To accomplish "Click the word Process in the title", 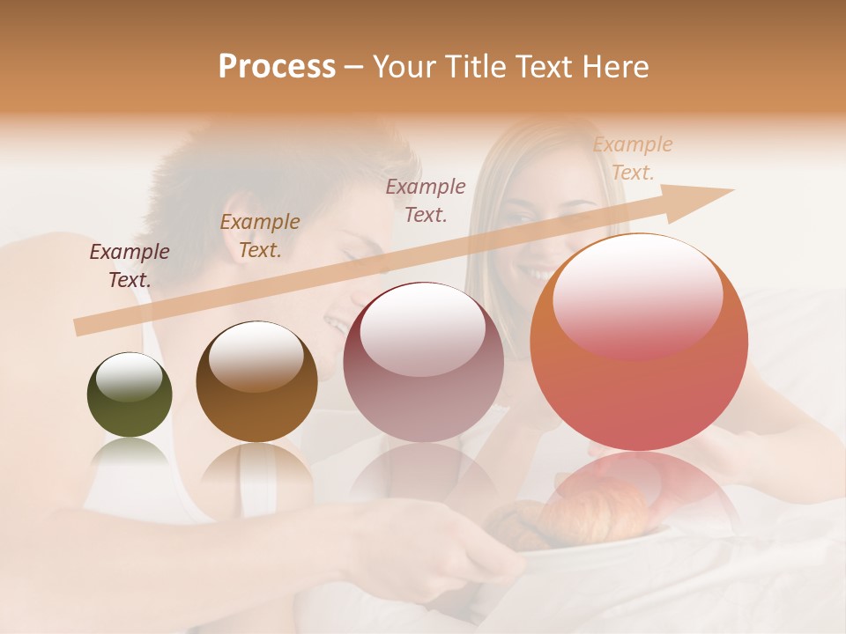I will (x=277, y=67).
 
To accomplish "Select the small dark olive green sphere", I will (x=130, y=394).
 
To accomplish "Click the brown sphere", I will (x=256, y=382).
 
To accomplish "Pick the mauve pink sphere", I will (x=423, y=362).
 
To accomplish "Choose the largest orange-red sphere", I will (x=639, y=343).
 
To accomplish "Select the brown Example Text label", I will (x=260, y=236).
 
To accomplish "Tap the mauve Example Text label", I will (x=426, y=200).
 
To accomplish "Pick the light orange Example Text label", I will (x=632, y=158).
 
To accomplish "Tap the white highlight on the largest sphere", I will (x=637, y=297).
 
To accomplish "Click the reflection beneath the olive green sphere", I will (x=130, y=458).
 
